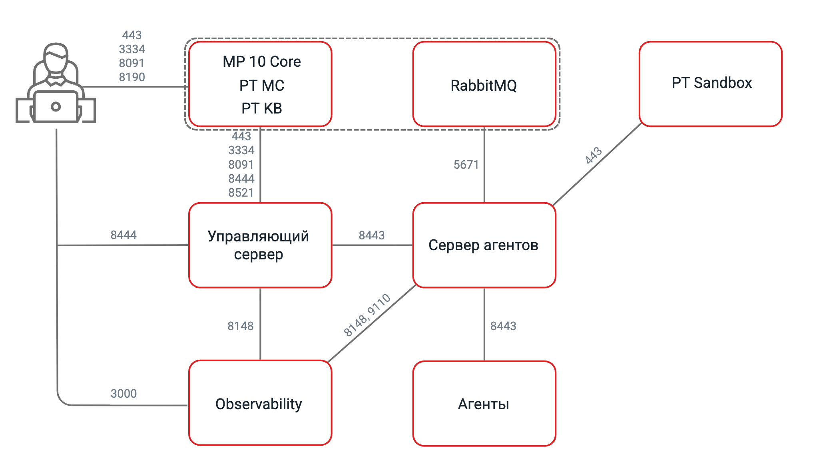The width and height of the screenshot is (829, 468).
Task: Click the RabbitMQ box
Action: click(x=484, y=84)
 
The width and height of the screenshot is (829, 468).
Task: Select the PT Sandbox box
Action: click(x=710, y=84)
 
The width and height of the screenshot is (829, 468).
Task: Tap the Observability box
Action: click(x=260, y=403)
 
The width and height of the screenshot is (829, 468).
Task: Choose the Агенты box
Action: click(x=484, y=403)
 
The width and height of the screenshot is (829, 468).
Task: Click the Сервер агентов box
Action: click(x=484, y=245)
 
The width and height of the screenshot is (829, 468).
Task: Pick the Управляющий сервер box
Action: click(x=260, y=245)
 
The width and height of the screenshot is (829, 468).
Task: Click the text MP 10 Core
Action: click(x=262, y=62)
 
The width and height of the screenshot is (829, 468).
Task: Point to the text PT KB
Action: click(x=262, y=108)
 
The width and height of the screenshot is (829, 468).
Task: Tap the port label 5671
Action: click(x=466, y=165)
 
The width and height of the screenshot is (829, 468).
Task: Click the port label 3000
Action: click(x=124, y=394)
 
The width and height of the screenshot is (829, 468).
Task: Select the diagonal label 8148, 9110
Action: click(x=367, y=315)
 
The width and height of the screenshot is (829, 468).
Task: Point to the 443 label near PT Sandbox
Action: click(x=594, y=155)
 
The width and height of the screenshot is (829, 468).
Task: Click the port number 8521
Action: click(x=241, y=193)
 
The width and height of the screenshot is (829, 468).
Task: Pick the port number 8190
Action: click(x=132, y=77)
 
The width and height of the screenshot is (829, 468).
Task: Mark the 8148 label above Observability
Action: click(x=240, y=326)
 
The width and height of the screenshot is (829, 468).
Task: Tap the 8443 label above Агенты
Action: click(x=503, y=326)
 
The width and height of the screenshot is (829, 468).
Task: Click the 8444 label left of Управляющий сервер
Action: click(x=124, y=235)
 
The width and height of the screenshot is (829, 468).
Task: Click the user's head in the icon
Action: click(x=56, y=58)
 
